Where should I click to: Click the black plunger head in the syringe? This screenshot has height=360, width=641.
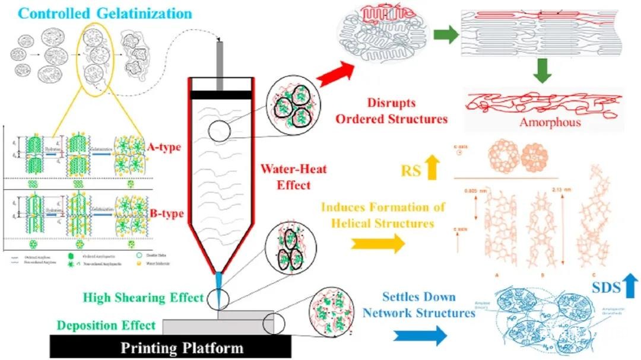point(220,94)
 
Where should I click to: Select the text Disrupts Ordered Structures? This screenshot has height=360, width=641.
point(391,111)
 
